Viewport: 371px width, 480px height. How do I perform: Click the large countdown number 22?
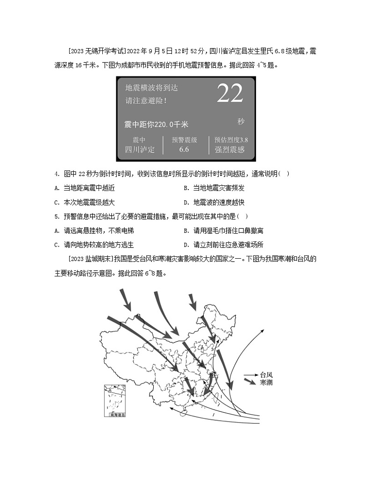[230, 94]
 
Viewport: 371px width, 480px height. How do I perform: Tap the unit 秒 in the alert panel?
[241, 121]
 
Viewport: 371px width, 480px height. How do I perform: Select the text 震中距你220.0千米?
[156, 124]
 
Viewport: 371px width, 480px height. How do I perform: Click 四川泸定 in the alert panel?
[139, 149]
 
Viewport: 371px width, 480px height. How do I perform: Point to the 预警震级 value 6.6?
[184, 149]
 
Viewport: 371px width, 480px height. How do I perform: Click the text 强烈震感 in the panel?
[229, 149]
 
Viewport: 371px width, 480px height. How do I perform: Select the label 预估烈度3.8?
[231, 140]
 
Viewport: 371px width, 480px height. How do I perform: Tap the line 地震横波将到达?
[151, 88]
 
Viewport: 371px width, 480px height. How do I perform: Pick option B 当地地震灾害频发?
[214, 188]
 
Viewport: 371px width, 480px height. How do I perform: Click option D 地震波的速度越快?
[214, 203]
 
